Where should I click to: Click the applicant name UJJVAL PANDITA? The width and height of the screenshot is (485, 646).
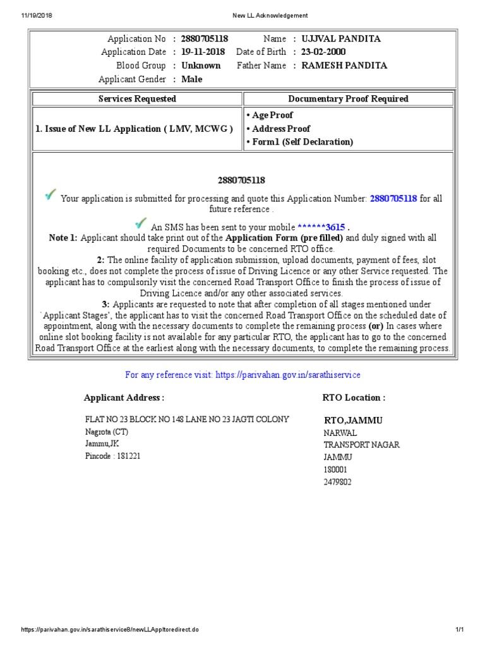point(341,38)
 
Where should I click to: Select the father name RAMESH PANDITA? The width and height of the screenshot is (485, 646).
point(345,65)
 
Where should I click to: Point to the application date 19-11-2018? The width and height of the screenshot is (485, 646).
point(203,52)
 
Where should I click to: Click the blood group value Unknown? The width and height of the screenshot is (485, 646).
point(201,65)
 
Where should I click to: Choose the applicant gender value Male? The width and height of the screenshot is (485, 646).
point(191,79)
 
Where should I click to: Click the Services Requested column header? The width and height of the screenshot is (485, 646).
point(137,98)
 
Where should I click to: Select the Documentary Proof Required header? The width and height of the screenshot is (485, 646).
point(348,98)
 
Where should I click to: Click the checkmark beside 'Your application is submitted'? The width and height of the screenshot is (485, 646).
point(51,195)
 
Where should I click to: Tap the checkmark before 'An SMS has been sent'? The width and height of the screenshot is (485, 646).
point(141,223)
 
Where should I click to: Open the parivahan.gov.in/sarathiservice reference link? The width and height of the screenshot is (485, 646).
point(288,375)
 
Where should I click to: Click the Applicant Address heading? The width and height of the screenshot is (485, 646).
point(124,397)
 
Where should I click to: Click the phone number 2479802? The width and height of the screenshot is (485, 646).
point(338,481)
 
